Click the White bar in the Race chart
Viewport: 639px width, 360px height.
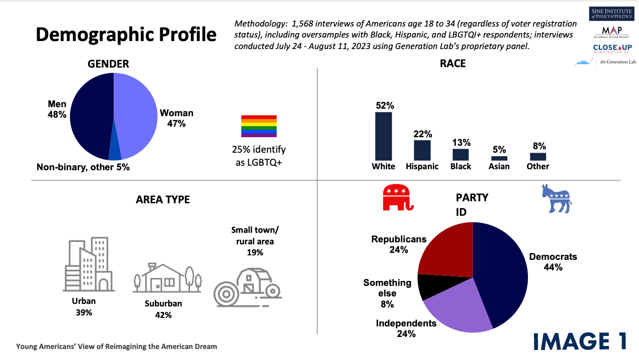tap(383, 136)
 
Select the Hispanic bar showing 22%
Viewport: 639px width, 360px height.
tap(422, 150)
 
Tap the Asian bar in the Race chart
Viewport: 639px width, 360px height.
tap(499, 158)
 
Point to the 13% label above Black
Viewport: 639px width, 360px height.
tap(460, 143)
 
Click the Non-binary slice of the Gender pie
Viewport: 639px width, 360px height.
tap(115, 151)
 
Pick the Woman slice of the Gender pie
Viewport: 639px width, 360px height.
tap(135, 115)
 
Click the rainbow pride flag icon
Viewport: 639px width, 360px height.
tap(259, 126)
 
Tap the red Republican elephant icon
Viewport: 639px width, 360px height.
tap(398, 197)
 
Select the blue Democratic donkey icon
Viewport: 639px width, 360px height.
tap(556, 198)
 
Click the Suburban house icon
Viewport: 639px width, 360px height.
tap(167, 278)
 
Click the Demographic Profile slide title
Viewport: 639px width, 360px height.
tap(126, 35)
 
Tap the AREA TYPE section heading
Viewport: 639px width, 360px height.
tap(163, 199)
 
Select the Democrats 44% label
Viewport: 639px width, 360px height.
tap(553, 262)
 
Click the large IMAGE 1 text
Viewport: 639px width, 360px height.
tap(579, 341)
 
